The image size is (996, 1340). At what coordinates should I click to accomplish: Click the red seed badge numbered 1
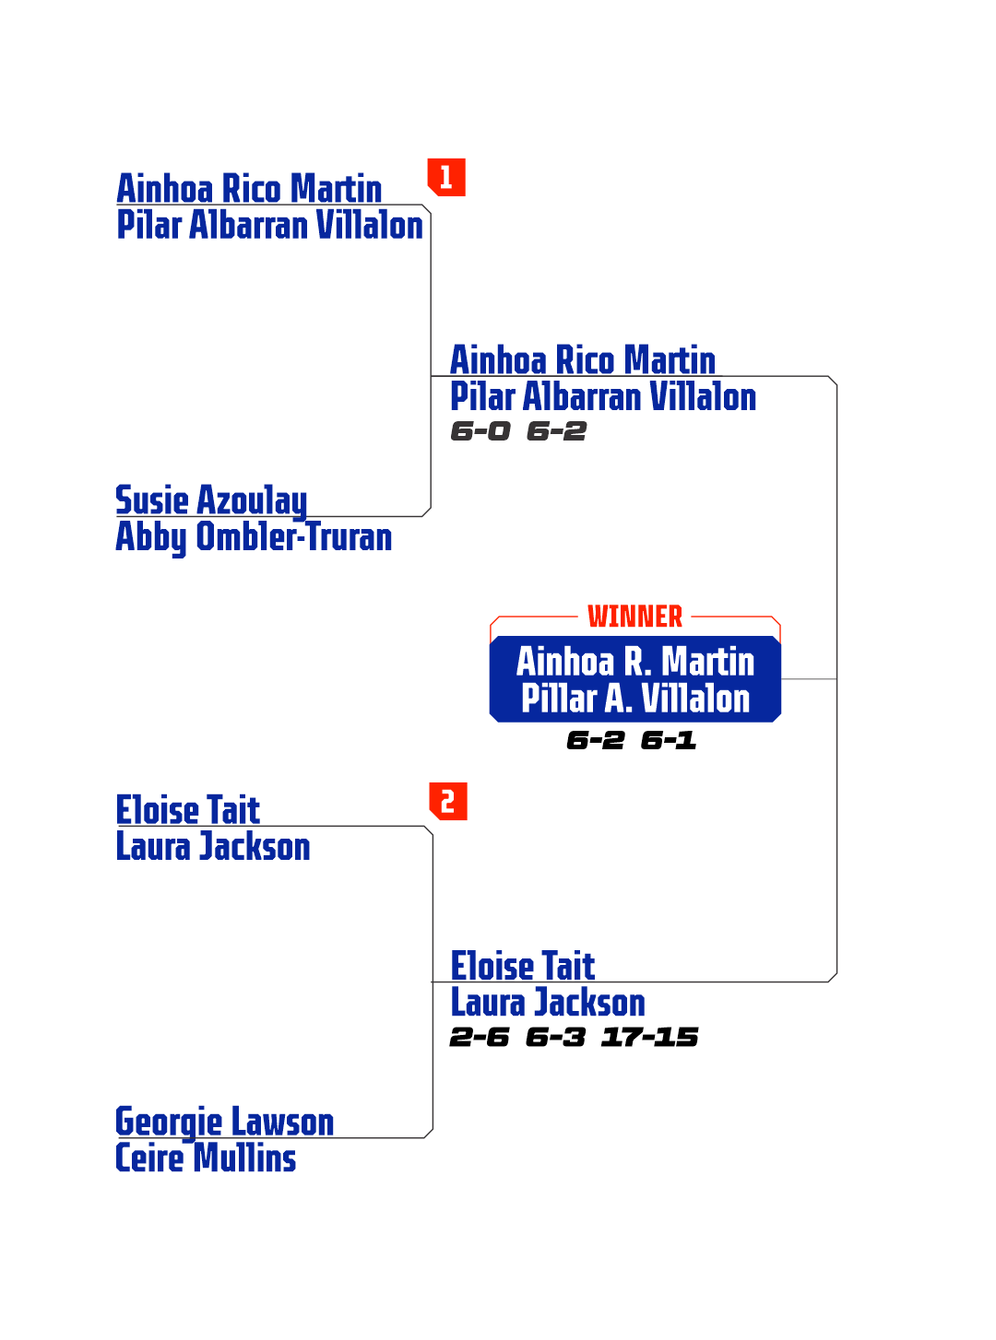[446, 177]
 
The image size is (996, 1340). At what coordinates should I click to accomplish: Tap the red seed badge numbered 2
[448, 802]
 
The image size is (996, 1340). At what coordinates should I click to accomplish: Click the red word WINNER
[634, 617]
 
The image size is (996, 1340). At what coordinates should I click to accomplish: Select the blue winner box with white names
[634, 679]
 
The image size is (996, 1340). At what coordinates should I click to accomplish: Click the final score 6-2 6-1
[631, 740]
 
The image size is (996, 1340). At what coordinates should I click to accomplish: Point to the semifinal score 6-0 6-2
[518, 430]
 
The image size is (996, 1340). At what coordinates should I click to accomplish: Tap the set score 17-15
[649, 1037]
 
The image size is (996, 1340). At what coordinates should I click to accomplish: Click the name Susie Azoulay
[211, 500]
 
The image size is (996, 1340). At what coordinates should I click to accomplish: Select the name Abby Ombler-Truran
[254, 536]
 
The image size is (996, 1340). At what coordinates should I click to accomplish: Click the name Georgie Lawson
[224, 1122]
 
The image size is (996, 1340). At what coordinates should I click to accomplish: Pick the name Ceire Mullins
[206, 1158]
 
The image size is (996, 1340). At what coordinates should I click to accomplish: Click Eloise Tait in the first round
[188, 810]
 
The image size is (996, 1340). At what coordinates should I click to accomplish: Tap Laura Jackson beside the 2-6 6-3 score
[547, 1003]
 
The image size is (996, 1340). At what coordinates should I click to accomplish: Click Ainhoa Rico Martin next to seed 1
[249, 189]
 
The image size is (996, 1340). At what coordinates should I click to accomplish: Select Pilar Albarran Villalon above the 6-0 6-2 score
[602, 397]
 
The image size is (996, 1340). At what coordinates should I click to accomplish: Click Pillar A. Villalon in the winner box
[634, 699]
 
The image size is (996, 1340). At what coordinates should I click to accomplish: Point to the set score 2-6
[479, 1037]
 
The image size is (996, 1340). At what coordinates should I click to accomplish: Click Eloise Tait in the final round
[522, 966]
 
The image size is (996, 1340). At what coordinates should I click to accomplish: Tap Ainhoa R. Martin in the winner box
[634, 662]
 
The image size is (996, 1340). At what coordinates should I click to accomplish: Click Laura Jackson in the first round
[213, 847]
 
